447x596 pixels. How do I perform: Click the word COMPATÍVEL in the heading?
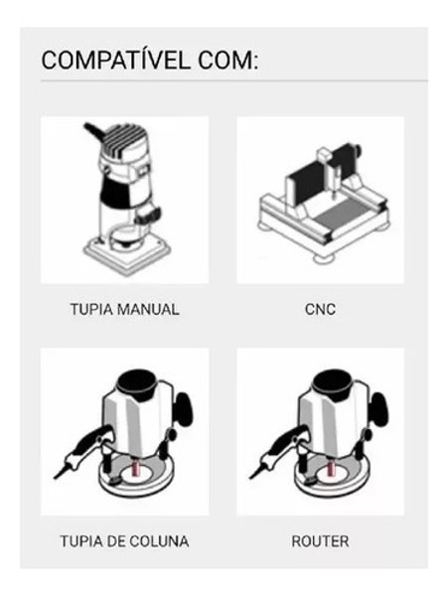pyautogui.click(x=115, y=61)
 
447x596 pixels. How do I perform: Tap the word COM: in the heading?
pyautogui.click(x=228, y=61)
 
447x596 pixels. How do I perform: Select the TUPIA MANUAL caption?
pyautogui.click(x=125, y=309)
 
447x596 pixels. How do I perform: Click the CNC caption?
pyautogui.click(x=320, y=309)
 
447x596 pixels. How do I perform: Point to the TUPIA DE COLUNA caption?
pyautogui.click(x=125, y=541)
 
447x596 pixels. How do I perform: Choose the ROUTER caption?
pyautogui.click(x=320, y=541)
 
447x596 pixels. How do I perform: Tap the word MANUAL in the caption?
pyautogui.click(x=148, y=309)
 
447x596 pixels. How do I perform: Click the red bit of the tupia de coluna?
pyautogui.click(x=135, y=467)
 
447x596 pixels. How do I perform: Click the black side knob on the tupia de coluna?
pyautogui.click(x=185, y=409)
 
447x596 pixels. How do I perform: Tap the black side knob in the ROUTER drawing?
pyautogui.click(x=380, y=409)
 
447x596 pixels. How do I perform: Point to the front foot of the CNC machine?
pyautogui.click(x=324, y=258)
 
